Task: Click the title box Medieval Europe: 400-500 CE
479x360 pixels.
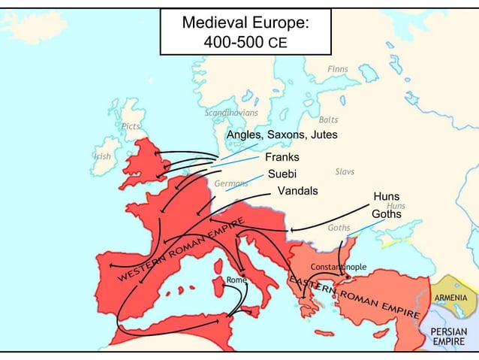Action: click(246, 31)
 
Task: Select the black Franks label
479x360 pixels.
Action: click(282, 158)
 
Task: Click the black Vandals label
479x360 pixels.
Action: click(298, 191)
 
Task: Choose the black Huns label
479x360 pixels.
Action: click(387, 197)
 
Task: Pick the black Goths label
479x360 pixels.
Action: click(387, 214)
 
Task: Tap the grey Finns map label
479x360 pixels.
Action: click(338, 70)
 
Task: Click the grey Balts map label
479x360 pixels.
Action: click(328, 120)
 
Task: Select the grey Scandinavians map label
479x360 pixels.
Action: click(232, 113)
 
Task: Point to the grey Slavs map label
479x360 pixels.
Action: click(345, 171)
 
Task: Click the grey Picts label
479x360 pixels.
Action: click(131, 126)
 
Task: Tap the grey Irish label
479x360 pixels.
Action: click(103, 156)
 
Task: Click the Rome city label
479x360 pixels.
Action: click(237, 280)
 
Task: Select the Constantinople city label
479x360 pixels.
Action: click(339, 267)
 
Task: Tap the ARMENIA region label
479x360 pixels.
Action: click(451, 298)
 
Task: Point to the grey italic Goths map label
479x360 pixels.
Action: click(339, 228)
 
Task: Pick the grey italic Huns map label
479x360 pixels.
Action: click(396, 206)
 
